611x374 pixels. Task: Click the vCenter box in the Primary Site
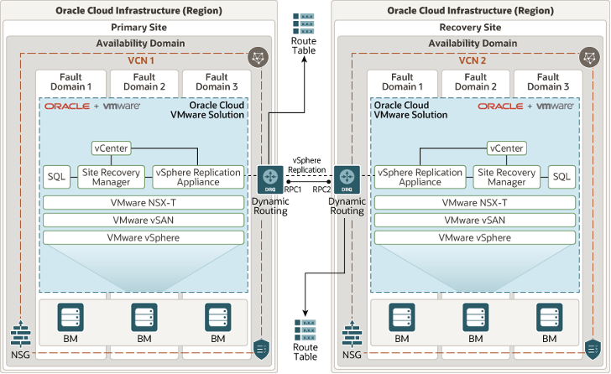tap(112, 148)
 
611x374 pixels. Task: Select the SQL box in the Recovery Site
tap(561, 177)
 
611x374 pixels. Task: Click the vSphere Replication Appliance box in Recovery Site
tap(420, 177)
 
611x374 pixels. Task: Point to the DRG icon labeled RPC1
tap(270, 178)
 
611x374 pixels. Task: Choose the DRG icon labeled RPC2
tap(347, 178)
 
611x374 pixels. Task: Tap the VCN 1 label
tap(141, 60)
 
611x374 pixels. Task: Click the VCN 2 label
tap(473, 60)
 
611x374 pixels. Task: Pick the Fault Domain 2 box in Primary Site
tap(144, 81)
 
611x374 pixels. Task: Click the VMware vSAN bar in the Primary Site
tap(144, 220)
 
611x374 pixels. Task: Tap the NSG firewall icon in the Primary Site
tap(21, 336)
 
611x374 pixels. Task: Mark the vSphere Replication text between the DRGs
tap(308, 164)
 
